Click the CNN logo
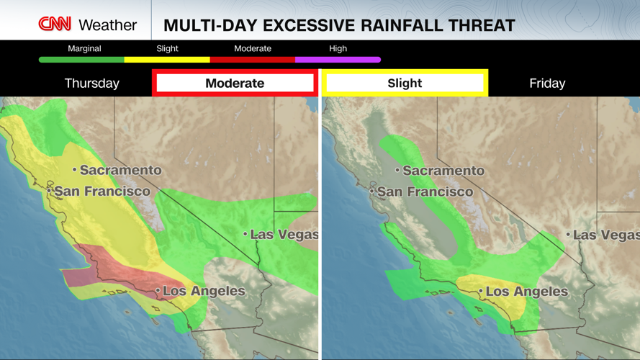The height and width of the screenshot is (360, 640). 55,24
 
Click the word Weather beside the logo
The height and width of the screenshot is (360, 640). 107,25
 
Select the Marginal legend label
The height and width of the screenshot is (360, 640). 84,48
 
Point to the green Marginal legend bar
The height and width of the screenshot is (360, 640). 81,60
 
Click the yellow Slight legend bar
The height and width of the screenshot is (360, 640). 167,60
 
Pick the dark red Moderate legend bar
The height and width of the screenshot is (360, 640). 252,60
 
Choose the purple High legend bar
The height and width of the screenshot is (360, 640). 338,60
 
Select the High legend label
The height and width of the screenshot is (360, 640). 338,48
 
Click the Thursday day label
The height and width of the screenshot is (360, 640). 92,84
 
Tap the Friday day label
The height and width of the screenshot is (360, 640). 547,84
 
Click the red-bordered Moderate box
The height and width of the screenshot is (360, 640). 235,84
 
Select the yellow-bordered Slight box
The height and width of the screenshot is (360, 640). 405,84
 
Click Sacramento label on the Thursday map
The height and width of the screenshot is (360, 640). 120,170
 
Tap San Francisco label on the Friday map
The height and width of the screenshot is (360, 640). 425,192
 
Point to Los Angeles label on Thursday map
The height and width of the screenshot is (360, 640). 204,292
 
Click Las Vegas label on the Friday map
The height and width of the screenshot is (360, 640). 605,235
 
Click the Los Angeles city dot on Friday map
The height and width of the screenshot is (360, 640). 481,292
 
